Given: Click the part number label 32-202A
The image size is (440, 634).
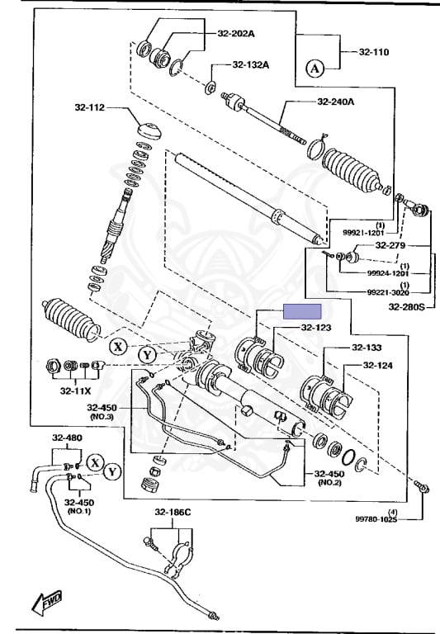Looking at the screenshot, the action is point(236,34).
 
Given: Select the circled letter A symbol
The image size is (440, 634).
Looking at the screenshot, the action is point(315,69).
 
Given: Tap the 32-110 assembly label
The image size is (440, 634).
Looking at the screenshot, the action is point(374,52).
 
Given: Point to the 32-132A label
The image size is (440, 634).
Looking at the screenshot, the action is point(251,64).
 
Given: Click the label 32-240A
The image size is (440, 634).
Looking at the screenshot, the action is point(336,101).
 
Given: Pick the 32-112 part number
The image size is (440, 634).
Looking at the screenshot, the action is point(89,107).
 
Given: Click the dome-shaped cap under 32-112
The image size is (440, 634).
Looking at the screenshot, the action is point(149,130).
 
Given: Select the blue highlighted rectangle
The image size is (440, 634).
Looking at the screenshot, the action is point(302,311).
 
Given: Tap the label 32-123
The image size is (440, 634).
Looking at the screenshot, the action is point(316,328).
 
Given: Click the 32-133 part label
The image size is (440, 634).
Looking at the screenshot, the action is point(367,348).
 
